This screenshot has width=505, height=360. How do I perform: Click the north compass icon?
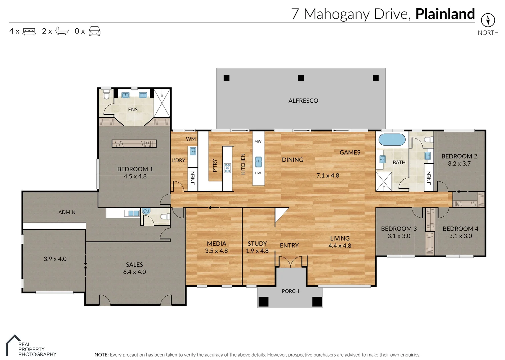click(488, 20)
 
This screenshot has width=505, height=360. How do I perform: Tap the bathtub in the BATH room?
click(392, 140)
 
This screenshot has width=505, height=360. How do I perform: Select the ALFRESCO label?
click(303, 101)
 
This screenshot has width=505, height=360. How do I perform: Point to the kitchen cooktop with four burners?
click(227, 168)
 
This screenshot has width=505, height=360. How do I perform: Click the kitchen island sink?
click(258, 162)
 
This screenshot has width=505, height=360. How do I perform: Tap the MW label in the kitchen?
click(258, 141)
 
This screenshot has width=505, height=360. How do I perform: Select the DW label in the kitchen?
click(258, 173)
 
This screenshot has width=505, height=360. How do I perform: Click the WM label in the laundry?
click(191, 139)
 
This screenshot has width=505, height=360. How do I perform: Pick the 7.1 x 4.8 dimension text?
click(328, 175)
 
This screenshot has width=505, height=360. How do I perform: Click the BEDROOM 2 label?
click(459, 156)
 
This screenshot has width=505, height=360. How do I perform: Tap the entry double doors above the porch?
click(291, 262)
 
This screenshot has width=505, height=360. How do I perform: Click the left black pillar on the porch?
click(264, 301)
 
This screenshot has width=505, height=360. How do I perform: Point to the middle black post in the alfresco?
click(301, 78)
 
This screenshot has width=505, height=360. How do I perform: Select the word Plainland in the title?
click(445, 14)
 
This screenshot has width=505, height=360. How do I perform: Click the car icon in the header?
click(94, 31)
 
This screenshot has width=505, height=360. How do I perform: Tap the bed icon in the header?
click(29, 31)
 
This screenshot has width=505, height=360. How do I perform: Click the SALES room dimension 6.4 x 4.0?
click(134, 272)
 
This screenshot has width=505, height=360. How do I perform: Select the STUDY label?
click(257, 244)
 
